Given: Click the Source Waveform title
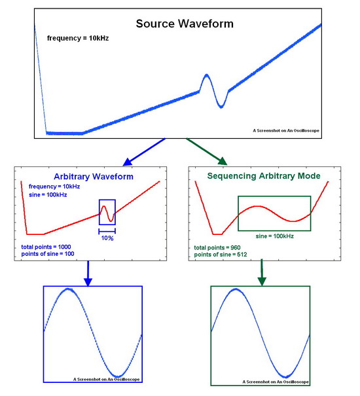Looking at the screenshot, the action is (185, 24).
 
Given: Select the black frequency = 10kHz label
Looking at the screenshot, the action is (78, 39).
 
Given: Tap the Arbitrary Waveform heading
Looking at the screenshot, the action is (94, 176).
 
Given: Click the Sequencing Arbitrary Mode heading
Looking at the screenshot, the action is (264, 176).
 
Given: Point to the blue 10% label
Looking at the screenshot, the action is (107, 238).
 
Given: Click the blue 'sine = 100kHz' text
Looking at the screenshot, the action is (48, 195).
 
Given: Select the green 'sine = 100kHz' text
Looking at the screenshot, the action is (275, 236).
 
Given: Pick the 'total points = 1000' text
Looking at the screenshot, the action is (46, 247).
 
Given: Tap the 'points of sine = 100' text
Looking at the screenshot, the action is (48, 254).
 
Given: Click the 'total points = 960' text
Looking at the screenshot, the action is (217, 247).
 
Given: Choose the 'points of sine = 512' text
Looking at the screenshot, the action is (221, 255).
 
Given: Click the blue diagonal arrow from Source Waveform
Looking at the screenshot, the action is (144, 152).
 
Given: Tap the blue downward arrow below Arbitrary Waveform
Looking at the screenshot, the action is (88, 274).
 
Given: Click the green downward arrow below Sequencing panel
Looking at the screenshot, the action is (262, 272).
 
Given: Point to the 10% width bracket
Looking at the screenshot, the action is (107, 231).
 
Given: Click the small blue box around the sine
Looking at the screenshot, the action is (99, 212).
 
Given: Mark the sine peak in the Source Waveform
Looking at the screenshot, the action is (207, 75).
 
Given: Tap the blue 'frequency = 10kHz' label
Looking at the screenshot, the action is (54, 187).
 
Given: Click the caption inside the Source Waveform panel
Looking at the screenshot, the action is (286, 130).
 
